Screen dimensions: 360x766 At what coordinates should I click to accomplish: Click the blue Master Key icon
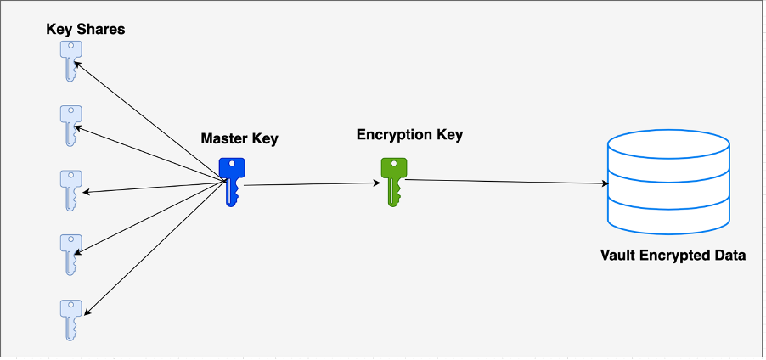click(x=232, y=179)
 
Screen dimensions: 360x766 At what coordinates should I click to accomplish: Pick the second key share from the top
click(x=70, y=124)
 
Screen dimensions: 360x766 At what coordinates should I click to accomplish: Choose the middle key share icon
click(x=70, y=188)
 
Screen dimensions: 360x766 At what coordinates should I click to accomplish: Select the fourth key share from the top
click(x=70, y=252)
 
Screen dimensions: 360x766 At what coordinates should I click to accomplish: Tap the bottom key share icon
click(x=70, y=317)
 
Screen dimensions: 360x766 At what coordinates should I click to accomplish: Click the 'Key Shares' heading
click(x=86, y=30)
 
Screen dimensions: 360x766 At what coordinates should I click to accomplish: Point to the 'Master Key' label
click(x=239, y=138)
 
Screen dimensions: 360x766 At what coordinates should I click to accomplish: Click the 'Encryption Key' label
click(x=409, y=135)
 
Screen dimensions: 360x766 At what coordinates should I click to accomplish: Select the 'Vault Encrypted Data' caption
click(x=673, y=255)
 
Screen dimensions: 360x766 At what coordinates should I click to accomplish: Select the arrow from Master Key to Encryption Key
click(x=310, y=183)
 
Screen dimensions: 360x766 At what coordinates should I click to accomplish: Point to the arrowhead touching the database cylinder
click(x=605, y=183)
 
